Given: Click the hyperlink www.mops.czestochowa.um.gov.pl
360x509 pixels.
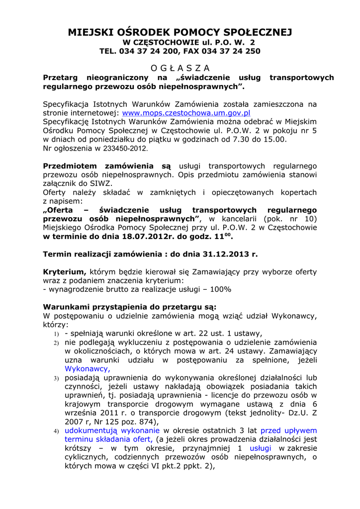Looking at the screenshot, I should click(x=186, y=113).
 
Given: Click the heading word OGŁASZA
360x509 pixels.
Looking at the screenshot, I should click(x=180, y=68).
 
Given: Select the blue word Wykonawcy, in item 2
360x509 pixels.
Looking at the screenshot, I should click(x=87, y=369).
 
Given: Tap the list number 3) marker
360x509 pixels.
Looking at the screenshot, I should click(x=56, y=379).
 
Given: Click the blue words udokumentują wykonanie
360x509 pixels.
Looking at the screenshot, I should click(x=112, y=430).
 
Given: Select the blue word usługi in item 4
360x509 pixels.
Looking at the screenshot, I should click(x=261, y=448).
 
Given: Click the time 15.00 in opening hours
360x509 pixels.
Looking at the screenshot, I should click(x=274, y=139).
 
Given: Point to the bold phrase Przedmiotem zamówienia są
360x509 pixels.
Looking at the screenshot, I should click(x=107, y=166).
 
